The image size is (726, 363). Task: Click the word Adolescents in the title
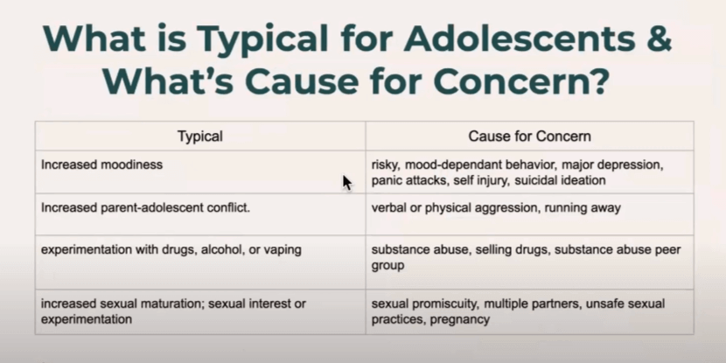tap(520, 38)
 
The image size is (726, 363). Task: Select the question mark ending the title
tap(597, 80)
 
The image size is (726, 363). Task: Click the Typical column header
tap(200, 136)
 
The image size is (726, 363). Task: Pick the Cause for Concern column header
tap(530, 136)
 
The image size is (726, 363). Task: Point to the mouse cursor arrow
tap(347, 183)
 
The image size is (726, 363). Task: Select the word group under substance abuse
tap(388, 266)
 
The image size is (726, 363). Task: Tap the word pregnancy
tap(460, 319)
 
